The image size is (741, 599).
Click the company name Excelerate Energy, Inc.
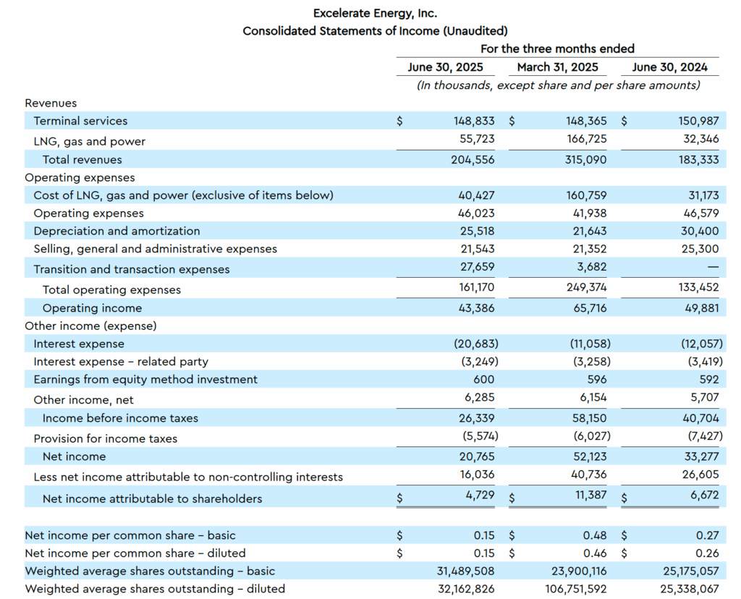click(375, 13)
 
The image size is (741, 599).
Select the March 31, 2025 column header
click(557, 67)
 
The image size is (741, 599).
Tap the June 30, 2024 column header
click(669, 67)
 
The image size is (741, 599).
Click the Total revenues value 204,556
click(473, 160)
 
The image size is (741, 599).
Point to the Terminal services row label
click(80, 121)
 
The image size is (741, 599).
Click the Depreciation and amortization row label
click(117, 231)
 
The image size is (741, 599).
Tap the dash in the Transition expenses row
click(712, 268)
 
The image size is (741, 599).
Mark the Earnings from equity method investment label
click(145, 379)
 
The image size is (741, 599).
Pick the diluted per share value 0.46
click(595, 553)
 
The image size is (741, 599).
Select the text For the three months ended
click(557, 48)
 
